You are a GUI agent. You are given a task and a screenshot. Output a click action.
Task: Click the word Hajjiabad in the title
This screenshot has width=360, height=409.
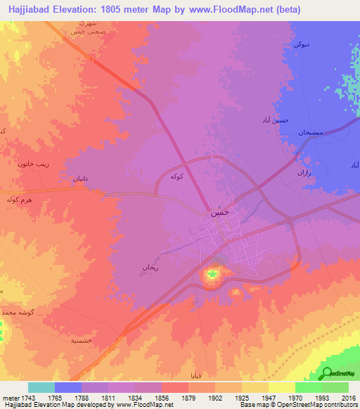point(28,10)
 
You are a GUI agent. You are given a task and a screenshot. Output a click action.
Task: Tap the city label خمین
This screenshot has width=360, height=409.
point(217,212)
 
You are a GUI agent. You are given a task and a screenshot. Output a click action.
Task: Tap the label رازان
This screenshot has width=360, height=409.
point(303,172)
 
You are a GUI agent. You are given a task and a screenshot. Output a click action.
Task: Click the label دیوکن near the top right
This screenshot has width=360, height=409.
point(300,44)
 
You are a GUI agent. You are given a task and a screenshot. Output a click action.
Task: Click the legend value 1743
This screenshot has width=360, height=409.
point(27,397)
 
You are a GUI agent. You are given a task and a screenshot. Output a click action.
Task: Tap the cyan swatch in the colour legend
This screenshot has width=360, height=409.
point(41,387)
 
